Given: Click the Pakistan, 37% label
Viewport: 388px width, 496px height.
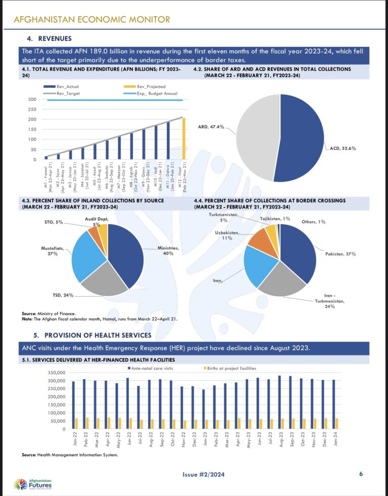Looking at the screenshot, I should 340,254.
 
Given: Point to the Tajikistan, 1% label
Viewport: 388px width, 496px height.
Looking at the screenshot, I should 275,219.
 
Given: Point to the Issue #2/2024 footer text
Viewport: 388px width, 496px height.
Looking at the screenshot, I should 204,474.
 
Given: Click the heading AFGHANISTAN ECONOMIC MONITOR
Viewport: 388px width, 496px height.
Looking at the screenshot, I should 91,19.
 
